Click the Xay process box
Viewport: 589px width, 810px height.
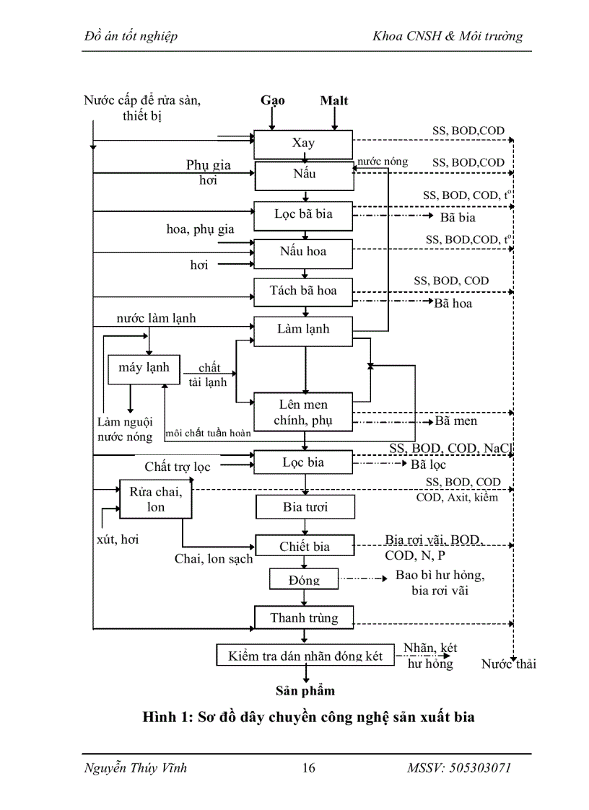[303, 144]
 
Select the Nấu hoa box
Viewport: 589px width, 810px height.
[303, 252]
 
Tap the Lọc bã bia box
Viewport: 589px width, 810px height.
[303, 214]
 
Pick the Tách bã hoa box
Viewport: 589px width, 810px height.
[303, 291]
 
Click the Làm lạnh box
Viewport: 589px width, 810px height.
[303, 329]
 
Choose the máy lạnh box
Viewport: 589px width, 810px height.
[144, 368]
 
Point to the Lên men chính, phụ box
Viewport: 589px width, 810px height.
[303, 413]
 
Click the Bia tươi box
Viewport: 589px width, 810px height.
[305, 507]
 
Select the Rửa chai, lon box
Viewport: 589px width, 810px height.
[156, 499]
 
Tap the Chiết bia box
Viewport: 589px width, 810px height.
[305, 547]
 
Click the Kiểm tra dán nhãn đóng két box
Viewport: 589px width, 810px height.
[305, 656]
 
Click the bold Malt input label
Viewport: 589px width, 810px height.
[334, 100]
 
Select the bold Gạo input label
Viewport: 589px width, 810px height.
[273, 100]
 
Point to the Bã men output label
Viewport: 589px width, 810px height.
[455, 421]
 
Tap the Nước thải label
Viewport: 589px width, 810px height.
[508, 664]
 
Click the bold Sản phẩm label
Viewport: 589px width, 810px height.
[305, 690]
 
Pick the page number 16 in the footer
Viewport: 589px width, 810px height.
[308, 768]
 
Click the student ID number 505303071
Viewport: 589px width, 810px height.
[476, 768]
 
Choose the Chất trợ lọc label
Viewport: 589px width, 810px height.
[178, 467]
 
